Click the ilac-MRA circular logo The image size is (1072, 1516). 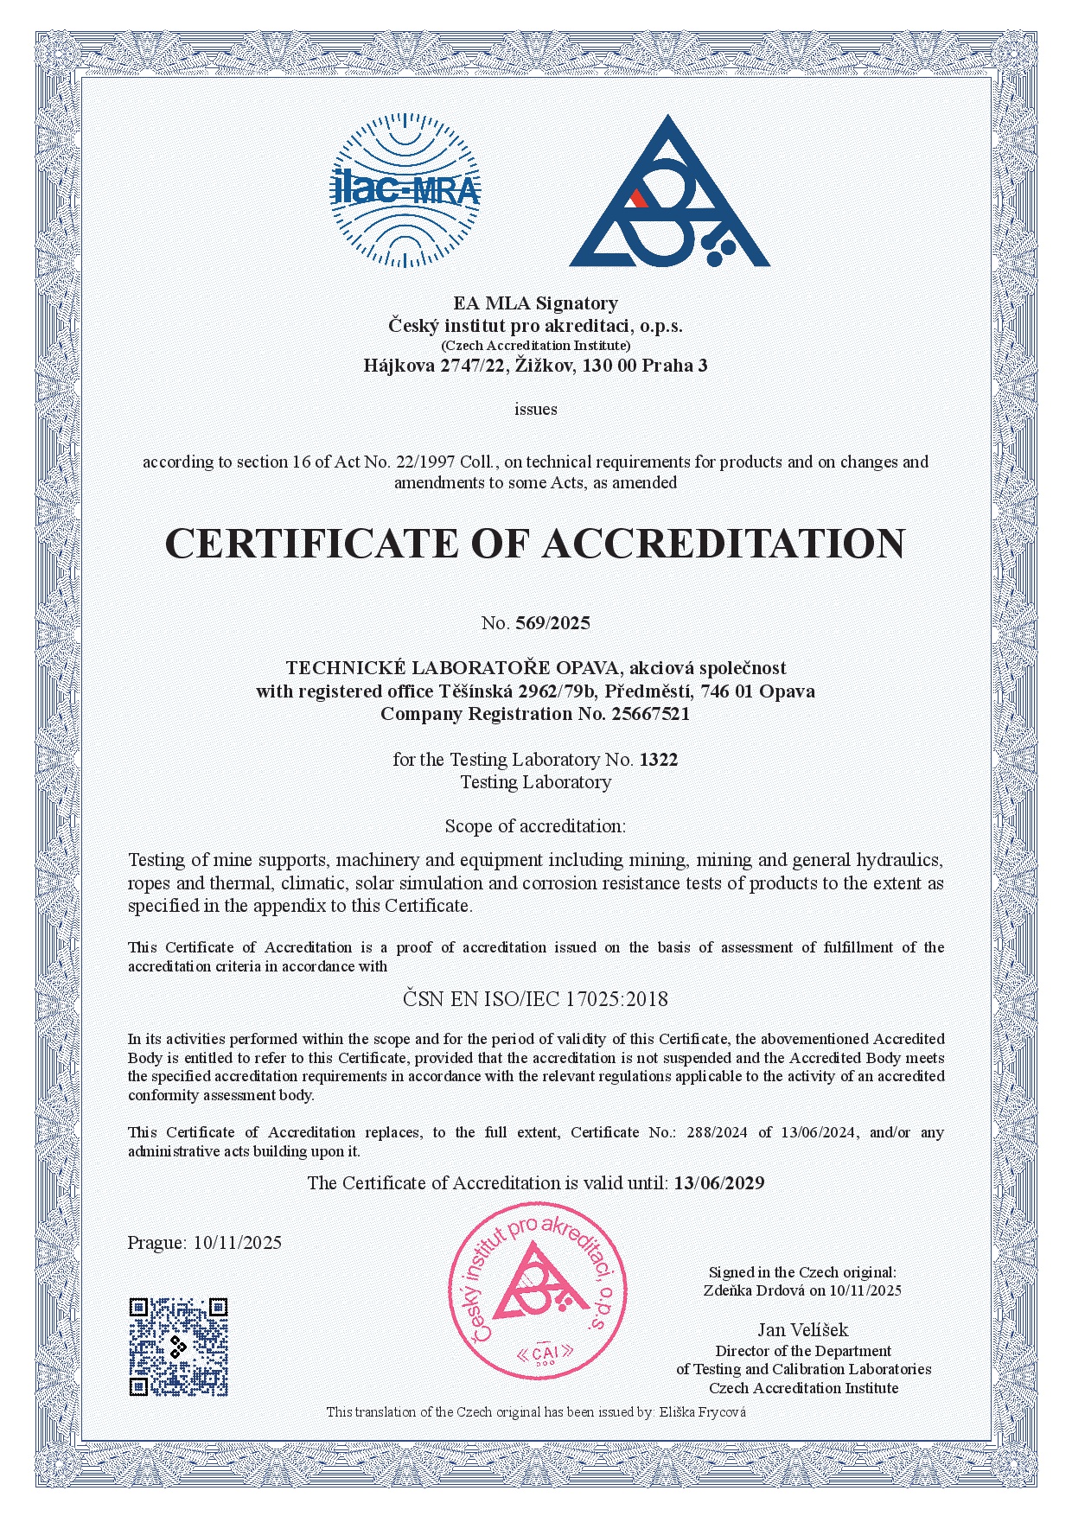click(x=405, y=190)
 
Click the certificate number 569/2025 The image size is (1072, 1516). click(x=552, y=622)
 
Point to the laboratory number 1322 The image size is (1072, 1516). click(x=659, y=760)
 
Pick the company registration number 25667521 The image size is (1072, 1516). click(x=650, y=714)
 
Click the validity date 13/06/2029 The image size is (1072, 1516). click(x=719, y=1183)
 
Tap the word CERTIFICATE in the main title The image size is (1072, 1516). click(x=309, y=544)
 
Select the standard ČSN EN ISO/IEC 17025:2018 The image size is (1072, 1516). click(x=535, y=999)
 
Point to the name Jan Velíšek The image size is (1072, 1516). click(x=803, y=1330)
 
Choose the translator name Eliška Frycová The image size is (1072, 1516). click(x=702, y=1411)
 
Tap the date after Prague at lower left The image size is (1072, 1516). click(x=238, y=1243)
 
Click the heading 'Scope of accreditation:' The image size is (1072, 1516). click(x=535, y=826)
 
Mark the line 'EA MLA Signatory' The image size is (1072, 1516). click(x=535, y=303)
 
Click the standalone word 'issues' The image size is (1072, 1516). click(x=536, y=409)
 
